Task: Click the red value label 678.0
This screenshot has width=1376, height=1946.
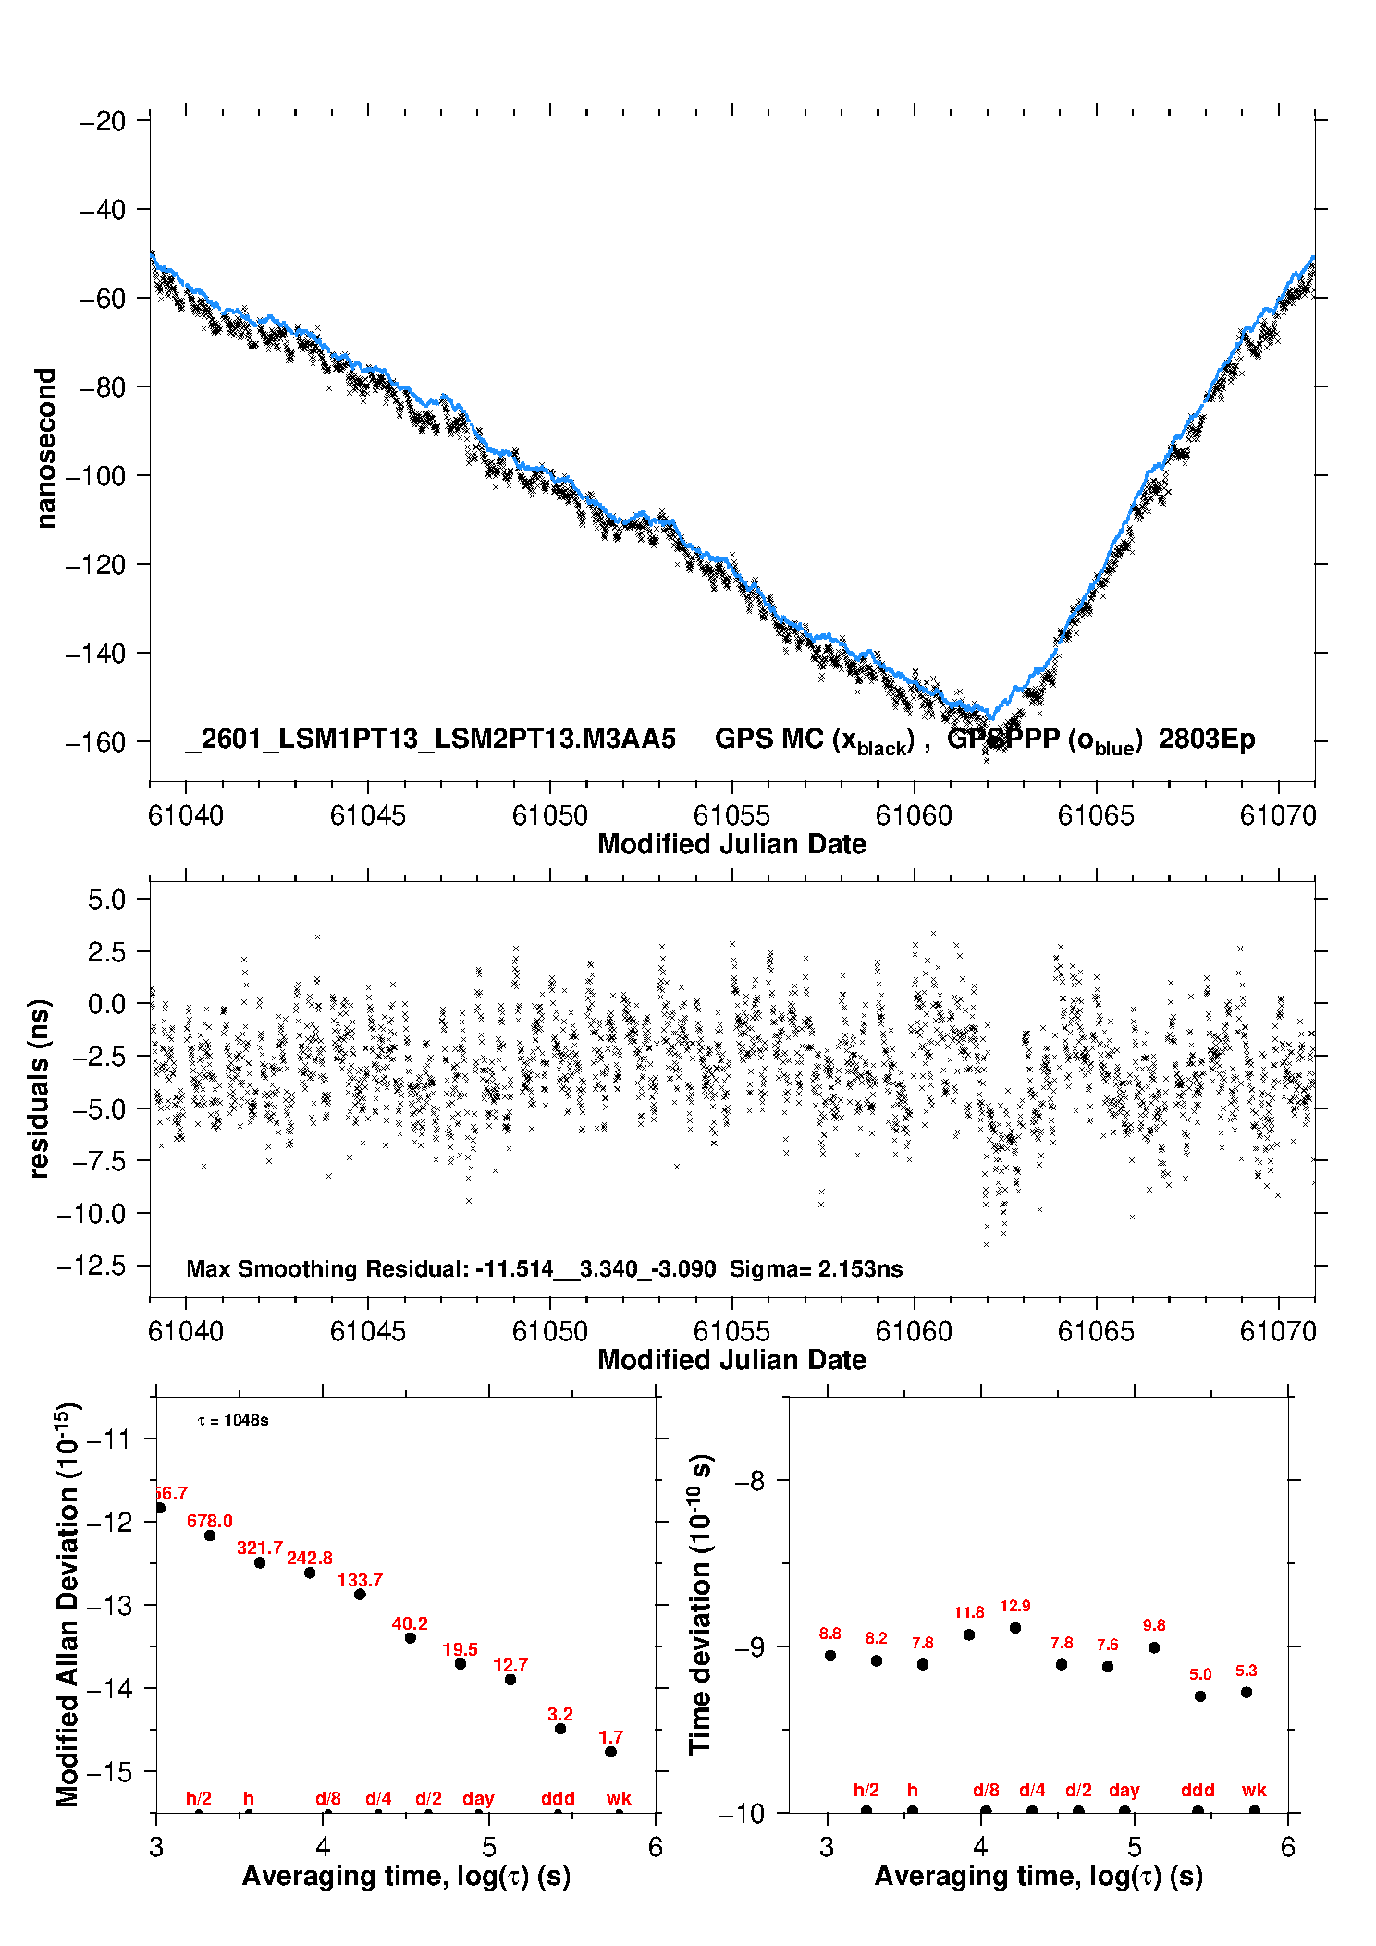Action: pyautogui.click(x=210, y=1521)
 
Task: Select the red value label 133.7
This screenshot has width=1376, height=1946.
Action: pyautogui.click(x=360, y=1580)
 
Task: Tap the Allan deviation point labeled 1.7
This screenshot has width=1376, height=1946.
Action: pyautogui.click(x=610, y=1752)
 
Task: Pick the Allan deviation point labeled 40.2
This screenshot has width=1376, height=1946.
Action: pyautogui.click(x=411, y=1638)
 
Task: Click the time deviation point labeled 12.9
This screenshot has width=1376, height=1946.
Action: pyautogui.click(x=1015, y=1628)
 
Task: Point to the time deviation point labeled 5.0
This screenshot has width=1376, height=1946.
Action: pyautogui.click(x=1200, y=1696)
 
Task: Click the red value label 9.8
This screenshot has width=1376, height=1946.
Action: pyautogui.click(x=1154, y=1625)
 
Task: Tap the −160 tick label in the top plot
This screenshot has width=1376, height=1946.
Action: pyautogui.click(x=95, y=742)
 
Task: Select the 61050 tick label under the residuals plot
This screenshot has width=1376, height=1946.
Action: pyautogui.click(x=550, y=1331)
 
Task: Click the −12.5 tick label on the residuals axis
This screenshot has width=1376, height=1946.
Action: pyautogui.click(x=92, y=1266)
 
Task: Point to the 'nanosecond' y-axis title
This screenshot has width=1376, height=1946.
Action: pyautogui.click(x=45, y=448)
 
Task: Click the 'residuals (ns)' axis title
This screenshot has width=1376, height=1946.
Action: pyautogui.click(x=39, y=1088)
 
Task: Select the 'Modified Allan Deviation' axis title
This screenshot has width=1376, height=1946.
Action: pyautogui.click(x=68, y=1604)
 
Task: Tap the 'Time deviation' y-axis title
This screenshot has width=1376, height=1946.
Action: pyautogui.click(x=700, y=1605)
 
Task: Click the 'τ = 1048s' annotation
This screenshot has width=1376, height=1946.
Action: pyautogui.click(x=233, y=1421)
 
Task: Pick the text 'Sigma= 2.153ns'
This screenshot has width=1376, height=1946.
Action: pyautogui.click(x=816, y=1269)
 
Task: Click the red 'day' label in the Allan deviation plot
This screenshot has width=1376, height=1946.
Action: pyautogui.click(x=478, y=1798)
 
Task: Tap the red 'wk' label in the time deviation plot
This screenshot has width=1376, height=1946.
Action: pyautogui.click(x=1254, y=1790)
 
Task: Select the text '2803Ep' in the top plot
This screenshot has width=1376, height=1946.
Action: pyautogui.click(x=1207, y=740)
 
